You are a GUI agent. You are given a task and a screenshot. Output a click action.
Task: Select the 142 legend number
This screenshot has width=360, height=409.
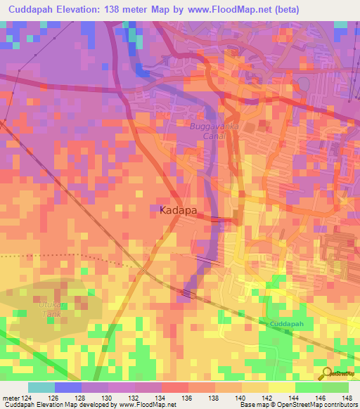click(262, 397)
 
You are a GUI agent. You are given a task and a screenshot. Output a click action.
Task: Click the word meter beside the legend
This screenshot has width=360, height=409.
click(9, 397)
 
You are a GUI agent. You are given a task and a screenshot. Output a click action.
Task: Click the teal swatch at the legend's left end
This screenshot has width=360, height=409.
click(41, 387)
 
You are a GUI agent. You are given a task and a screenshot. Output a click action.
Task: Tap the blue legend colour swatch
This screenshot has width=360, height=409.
click(68, 387)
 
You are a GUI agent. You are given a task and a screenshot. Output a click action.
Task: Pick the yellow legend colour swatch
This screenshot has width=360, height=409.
click(281, 387)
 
